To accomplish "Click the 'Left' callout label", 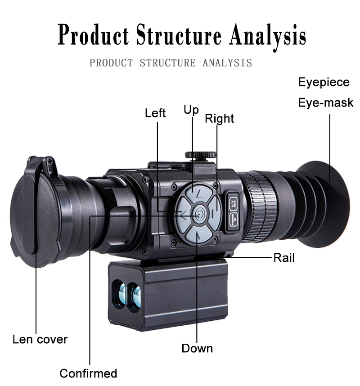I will (155, 113).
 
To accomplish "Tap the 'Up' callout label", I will (191, 110).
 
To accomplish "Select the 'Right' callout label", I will (219, 118).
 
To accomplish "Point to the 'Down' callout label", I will (197, 348).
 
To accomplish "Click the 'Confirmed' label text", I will (88, 373).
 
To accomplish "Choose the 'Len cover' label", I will (40, 339).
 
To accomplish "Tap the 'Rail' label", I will (284, 258).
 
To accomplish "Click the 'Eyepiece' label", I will (324, 82).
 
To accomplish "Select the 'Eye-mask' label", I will (326, 103).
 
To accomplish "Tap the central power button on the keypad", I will (198, 215).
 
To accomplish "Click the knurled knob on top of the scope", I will (201, 155).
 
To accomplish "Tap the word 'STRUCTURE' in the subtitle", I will (167, 63).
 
